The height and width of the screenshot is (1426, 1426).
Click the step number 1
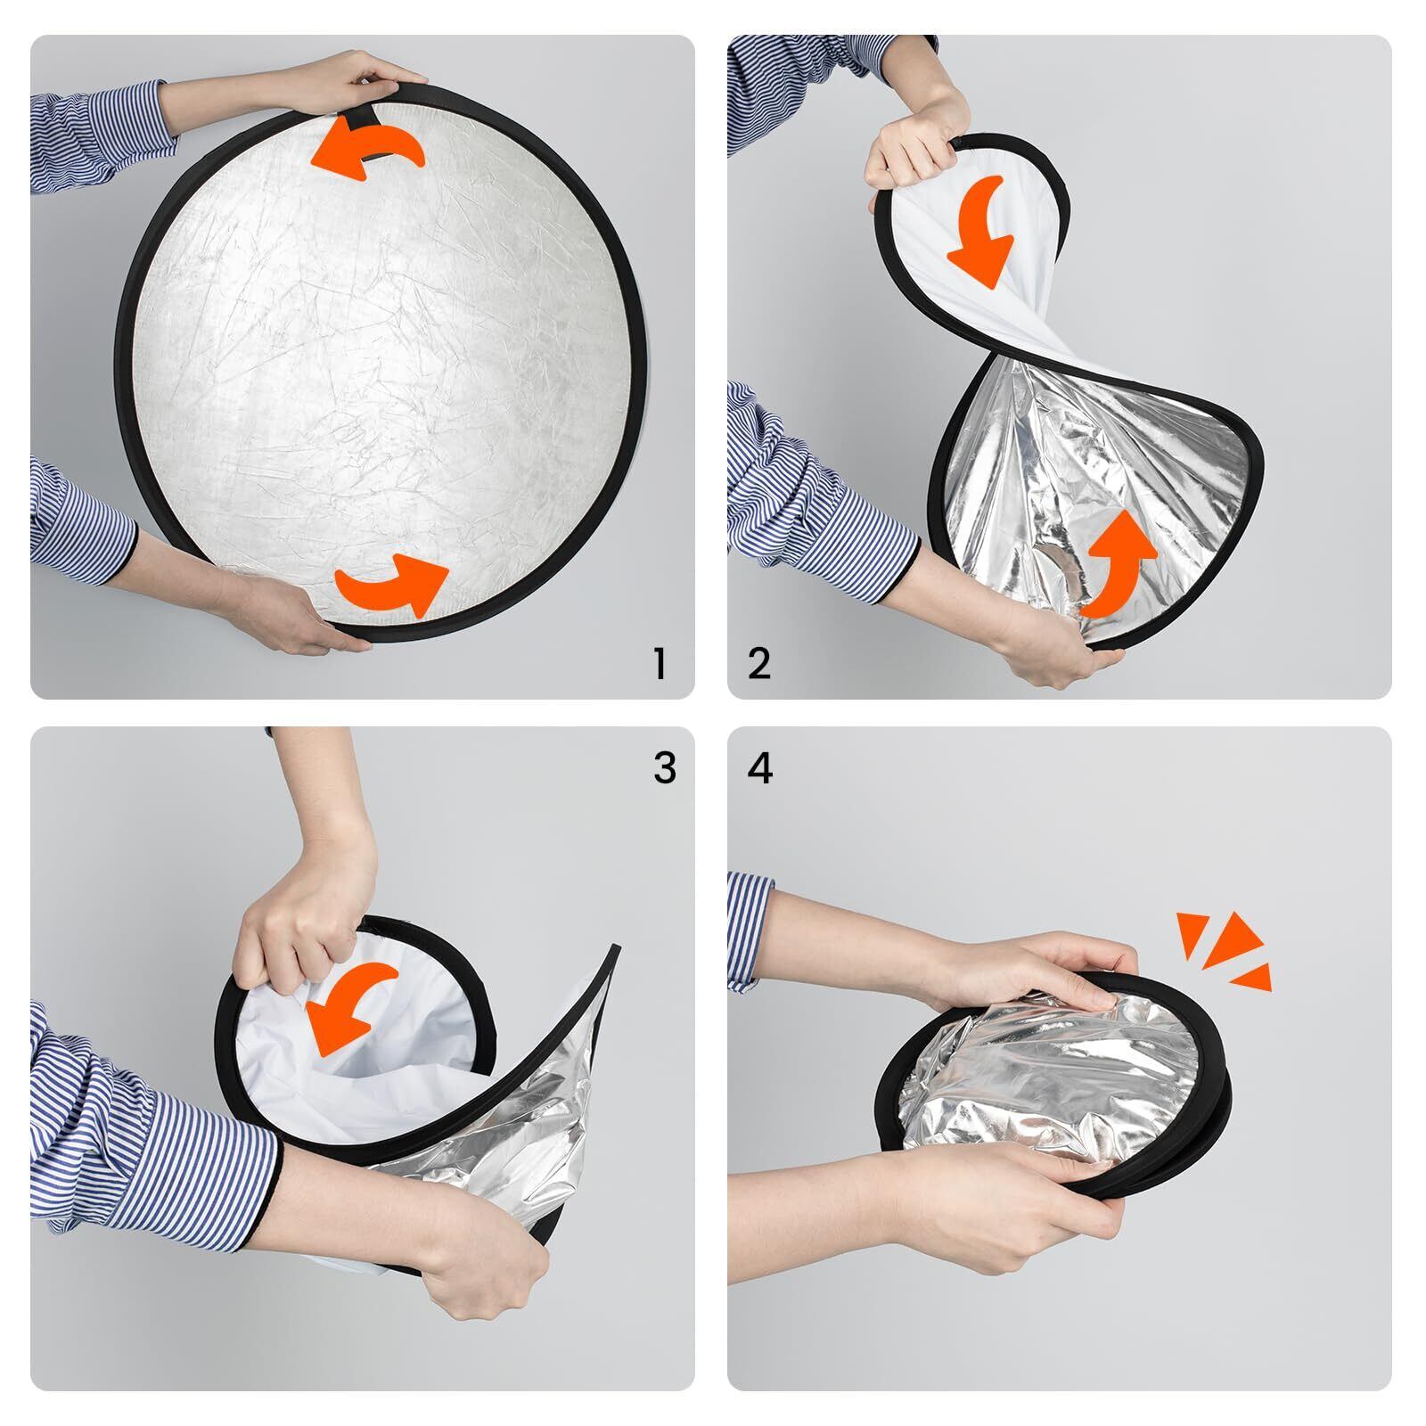660,664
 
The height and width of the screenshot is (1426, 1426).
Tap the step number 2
759,664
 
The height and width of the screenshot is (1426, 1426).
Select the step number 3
664,768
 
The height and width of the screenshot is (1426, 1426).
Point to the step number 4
760,768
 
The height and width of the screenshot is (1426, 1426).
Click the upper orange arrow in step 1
365,147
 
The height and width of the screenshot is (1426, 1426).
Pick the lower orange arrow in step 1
392,584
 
